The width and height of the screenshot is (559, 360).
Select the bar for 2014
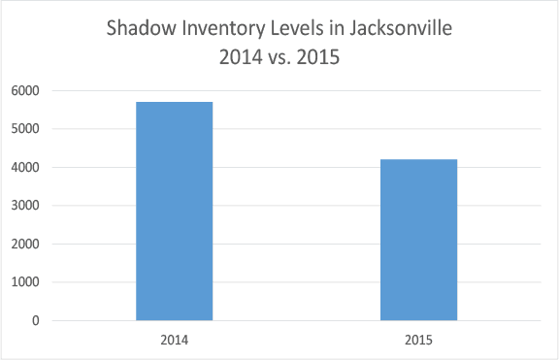(x=175, y=211)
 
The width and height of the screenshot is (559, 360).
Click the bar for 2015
(x=418, y=240)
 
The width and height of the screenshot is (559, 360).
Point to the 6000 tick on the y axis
(x=25, y=90)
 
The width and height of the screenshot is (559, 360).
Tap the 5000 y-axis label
(x=25, y=129)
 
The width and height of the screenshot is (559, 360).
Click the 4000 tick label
(x=25, y=167)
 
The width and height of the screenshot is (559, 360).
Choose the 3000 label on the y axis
(x=25, y=206)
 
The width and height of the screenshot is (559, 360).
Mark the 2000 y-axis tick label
(x=25, y=244)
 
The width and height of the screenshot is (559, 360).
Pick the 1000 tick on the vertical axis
(x=25, y=282)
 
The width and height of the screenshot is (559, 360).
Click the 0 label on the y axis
(x=36, y=320)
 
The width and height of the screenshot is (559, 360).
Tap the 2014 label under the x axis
(x=175, y=340)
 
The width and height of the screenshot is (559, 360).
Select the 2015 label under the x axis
(x=418, y=340)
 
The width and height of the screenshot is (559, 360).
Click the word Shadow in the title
(x=141, y=28)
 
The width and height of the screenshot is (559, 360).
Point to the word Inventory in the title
(x=223, y=29)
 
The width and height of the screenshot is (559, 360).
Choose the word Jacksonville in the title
(x=401, y=28)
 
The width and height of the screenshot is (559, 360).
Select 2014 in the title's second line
(x=241, y=57)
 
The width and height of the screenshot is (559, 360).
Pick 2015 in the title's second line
(x=318, y=57)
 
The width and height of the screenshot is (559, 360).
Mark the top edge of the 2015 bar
(x=418, y=159)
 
